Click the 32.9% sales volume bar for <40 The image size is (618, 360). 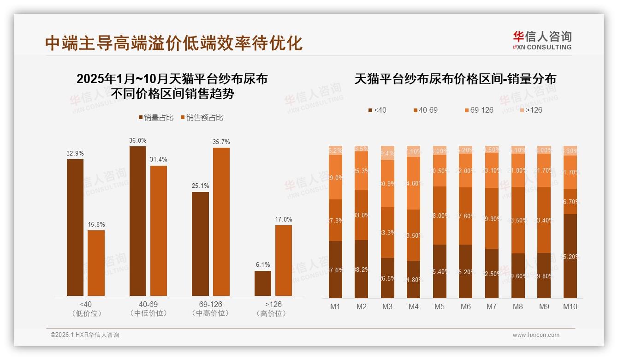(x=75, y=227)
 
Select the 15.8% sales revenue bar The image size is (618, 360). (x=96, y=263)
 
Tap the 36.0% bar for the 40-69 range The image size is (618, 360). (x=138, y=221)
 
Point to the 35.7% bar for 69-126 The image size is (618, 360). (x=221, y=222)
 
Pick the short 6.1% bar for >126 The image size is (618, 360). (x=263, y=283)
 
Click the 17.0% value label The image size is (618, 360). (x=284, y=219)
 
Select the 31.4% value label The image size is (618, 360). (x=159, y=160)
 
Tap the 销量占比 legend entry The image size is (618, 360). (x=156, y=118)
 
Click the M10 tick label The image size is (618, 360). (x=570, y=306)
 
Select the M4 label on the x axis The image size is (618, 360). (x=413, y=306)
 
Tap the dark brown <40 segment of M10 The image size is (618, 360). (x=570, y=256)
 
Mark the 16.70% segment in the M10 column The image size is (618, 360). (x=570, y=201)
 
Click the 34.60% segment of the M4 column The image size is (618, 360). (x=413, y=183)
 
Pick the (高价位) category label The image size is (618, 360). (x=273, y=313)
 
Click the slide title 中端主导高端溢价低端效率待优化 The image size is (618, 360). (x=174, y=43)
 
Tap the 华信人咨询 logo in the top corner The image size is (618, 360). (x=542, y=40)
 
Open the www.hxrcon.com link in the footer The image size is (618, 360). (x=536, y=335)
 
